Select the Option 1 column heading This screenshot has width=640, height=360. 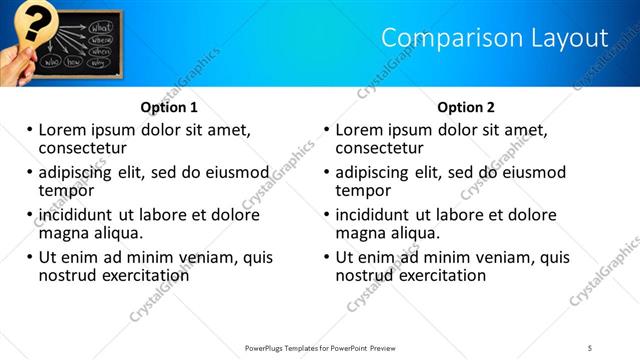[x=169, y=107]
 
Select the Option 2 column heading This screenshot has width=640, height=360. [x=466, y=107]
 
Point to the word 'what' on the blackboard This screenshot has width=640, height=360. [x=101, y=27]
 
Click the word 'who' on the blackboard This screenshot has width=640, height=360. [x=50, y=61]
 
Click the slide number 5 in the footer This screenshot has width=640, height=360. [x=590, y=348]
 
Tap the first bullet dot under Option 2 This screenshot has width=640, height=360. [x=326, y=130]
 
